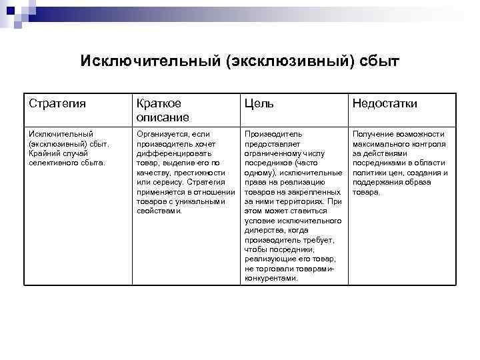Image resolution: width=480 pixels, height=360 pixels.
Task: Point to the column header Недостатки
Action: (385, 104)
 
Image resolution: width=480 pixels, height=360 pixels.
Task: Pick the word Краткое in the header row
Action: (159, 104)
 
